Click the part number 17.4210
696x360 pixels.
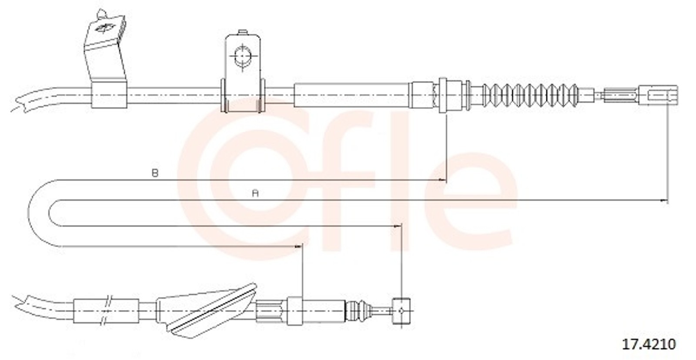[649, 344]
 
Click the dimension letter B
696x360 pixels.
[155, 173]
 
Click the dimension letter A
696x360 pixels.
[255, 193]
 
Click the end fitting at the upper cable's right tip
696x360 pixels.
[658, 95]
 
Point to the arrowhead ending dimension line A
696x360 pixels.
[664, 201]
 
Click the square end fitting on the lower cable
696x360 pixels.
[402, 310]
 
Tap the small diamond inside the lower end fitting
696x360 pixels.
[402, 310]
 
